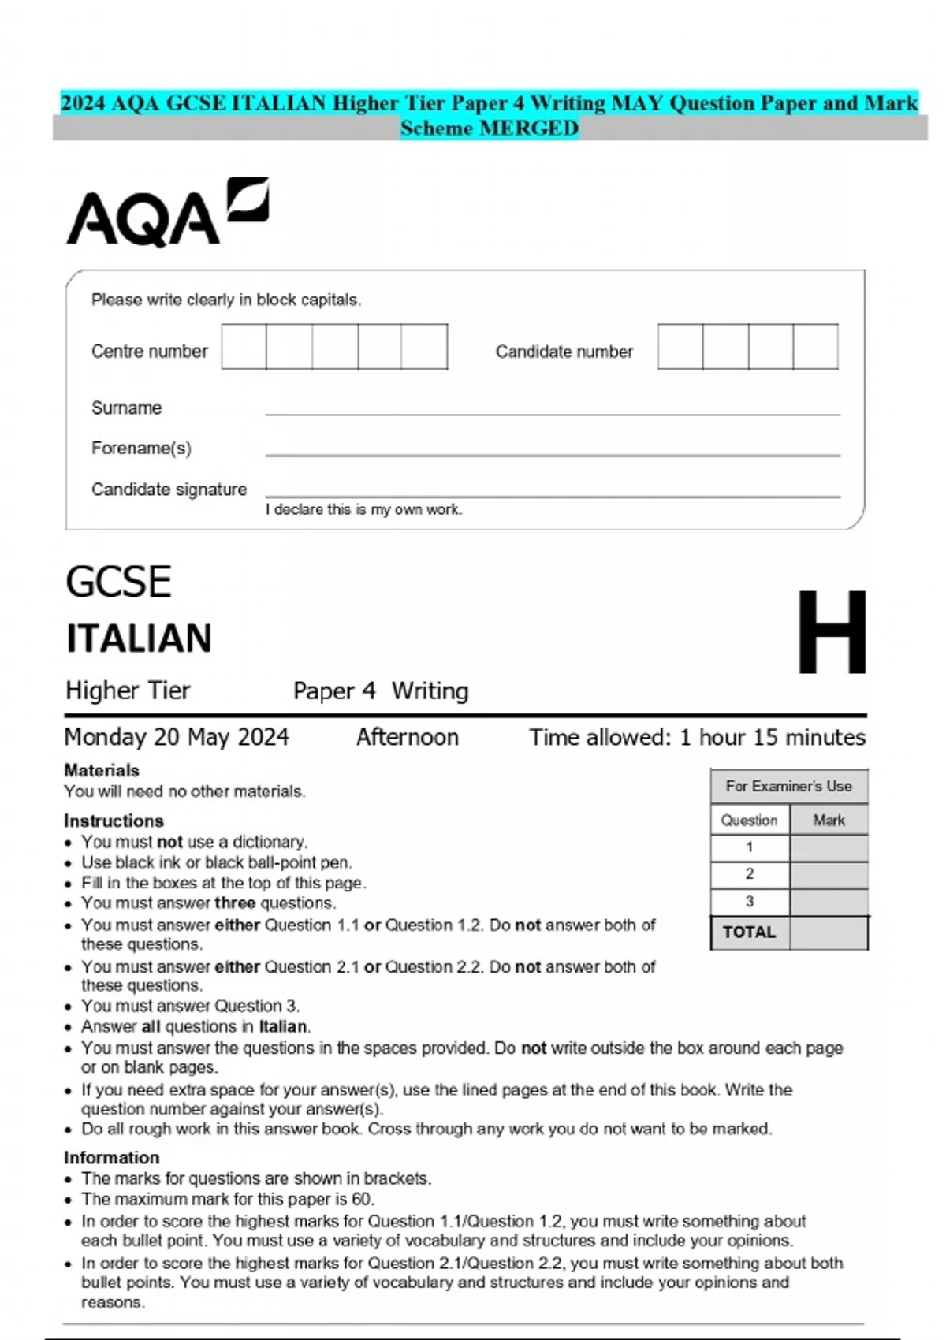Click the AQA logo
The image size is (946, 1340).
[x=166, y=213]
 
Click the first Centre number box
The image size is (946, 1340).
[x=244, y=347]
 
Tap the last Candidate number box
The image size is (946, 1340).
[x=815, y=347]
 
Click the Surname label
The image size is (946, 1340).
[x=126, y=408]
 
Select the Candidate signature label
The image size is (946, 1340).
[x=169, y=489]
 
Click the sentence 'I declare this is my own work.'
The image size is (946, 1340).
[x=363, y=510]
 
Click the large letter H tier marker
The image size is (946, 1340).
[x=831, y=632]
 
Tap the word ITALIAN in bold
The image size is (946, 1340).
[x=139, y=638]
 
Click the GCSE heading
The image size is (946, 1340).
[x=118, y=583]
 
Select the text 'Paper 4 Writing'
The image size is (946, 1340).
[x=380, y=691]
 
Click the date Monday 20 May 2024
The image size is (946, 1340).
[x=177, y=737]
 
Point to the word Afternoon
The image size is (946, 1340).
[x=407, y=737]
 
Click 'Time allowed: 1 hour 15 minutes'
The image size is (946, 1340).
[x=697, y=737]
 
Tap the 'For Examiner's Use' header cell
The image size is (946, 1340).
[x=788, y=786]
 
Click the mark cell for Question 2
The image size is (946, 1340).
[x=829, y=874]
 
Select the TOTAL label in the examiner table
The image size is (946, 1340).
[x=749, y=932]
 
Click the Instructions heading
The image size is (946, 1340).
[x=114, y=821]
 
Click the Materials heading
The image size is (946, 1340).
[x=102, y=770]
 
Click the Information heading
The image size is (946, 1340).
[x=111, y=1157]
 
